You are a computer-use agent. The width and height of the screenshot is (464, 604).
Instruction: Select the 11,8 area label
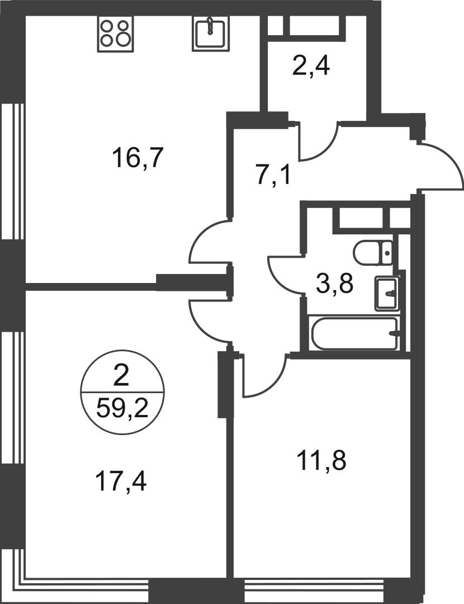(322, 461)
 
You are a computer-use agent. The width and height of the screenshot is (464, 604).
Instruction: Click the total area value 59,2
(122, 408)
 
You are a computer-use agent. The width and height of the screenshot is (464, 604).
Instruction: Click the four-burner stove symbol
(115, 34)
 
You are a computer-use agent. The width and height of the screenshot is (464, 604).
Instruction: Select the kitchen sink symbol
(210, 34)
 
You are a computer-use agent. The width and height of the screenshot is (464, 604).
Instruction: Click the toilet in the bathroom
(373, 253)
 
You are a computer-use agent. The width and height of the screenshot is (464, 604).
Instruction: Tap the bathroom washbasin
(387, 294)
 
